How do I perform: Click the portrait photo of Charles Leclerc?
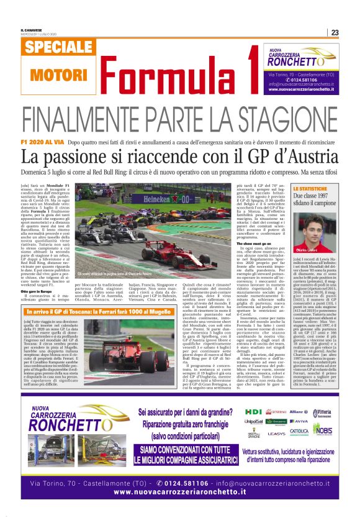pyautogui.click(x=317, y=224)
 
